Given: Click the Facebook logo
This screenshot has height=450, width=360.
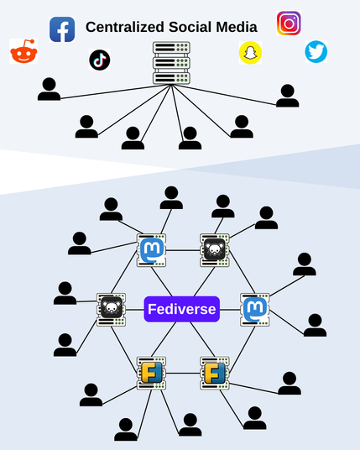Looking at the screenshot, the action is click(62, 29).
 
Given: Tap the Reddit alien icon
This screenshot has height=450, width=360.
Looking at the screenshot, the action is click(23, 51).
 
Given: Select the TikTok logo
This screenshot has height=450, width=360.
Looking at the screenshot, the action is click(100, 60).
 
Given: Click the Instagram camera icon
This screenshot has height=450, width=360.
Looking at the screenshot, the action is click(289, 24).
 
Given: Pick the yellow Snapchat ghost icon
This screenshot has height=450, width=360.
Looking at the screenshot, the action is click(250, 53).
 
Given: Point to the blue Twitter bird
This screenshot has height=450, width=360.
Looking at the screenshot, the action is click(316, 52).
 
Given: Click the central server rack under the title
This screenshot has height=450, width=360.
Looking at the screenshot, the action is click(171, 63).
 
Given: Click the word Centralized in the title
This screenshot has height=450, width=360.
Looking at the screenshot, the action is click(125, 27).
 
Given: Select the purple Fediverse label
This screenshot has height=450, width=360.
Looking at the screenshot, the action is click(182, 309).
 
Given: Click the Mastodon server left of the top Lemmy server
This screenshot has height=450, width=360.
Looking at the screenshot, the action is click(151, 250).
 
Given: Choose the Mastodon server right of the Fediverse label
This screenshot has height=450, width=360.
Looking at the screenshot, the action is click(255, 310).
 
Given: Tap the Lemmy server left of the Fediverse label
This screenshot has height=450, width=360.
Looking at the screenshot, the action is click(112, 310).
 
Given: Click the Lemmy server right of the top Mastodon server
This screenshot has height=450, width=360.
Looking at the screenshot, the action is click(215, 250).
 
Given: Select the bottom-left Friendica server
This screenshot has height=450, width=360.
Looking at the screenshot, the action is click(151, 373).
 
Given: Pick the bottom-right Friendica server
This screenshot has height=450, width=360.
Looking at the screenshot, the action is click(215, 373).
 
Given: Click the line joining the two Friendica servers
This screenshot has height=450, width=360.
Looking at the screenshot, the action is click(183, 373).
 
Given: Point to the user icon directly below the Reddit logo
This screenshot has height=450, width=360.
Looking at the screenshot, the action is click(49, 89).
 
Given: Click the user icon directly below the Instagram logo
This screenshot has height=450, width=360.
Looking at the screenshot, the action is click(288, 96).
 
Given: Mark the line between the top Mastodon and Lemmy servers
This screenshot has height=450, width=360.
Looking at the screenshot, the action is click(183, 250).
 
